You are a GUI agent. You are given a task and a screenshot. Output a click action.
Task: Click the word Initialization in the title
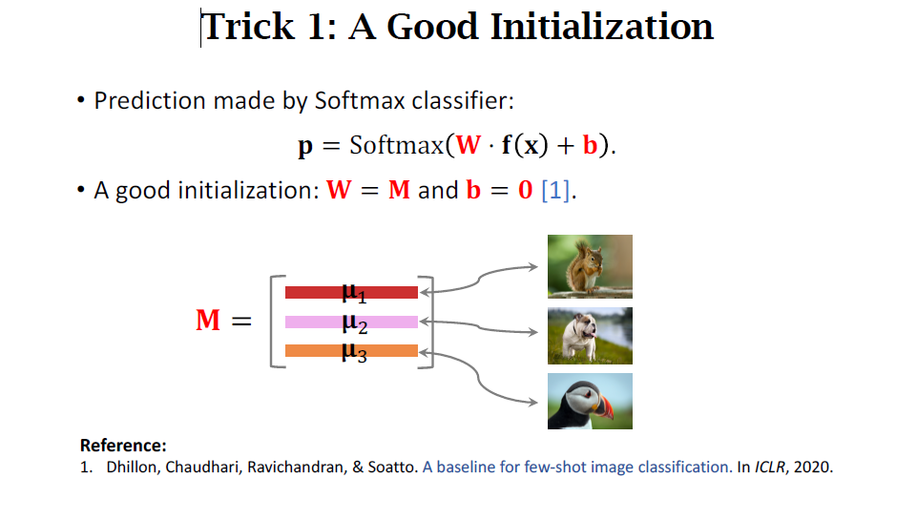602,27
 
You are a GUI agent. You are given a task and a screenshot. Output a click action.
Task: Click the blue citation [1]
556,190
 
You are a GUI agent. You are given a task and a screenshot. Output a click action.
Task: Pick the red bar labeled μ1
351,292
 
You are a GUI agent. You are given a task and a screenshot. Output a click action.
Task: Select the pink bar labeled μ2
351,322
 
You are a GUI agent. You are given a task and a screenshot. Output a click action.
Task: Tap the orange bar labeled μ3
351,350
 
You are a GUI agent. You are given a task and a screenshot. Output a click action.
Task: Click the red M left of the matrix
208,321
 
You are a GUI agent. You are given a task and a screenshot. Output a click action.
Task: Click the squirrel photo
590,266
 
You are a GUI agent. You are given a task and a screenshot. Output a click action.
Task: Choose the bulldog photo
590,336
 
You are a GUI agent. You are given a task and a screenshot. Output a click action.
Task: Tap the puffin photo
590,401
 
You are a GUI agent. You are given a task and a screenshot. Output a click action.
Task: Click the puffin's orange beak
604,408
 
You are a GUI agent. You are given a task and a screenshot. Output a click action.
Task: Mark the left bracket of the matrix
274,321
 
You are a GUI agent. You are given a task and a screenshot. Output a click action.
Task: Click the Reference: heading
123,446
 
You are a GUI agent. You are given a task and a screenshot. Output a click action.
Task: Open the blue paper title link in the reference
577,468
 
